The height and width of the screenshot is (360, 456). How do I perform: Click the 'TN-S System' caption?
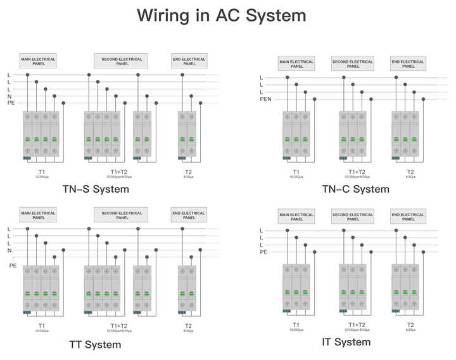tap(96, 188)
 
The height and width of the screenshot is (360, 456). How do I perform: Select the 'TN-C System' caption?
tap(355, 189)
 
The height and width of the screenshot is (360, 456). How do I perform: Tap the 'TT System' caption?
tap(95, 345)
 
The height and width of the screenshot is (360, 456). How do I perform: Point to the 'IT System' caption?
tap(346, 342)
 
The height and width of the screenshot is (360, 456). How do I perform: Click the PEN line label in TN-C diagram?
tap(265, 100)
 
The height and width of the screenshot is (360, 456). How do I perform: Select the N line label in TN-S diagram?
tap(9, 96)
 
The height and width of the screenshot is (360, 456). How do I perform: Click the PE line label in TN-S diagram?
tap(11, 103)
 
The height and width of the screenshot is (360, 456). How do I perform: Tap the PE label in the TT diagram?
tap(13, 266)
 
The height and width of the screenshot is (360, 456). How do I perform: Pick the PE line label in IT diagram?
tap(263, 252)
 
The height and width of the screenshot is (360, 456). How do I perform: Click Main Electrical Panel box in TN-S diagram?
tap(38, 61)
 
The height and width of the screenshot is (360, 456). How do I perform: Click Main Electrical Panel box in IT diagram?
tap(296, 217)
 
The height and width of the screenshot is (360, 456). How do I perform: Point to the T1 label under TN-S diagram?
tap(41, 172)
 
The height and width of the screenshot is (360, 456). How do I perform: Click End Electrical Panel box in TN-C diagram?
tap(408, 63)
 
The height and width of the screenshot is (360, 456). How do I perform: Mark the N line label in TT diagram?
tap(9, 251)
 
